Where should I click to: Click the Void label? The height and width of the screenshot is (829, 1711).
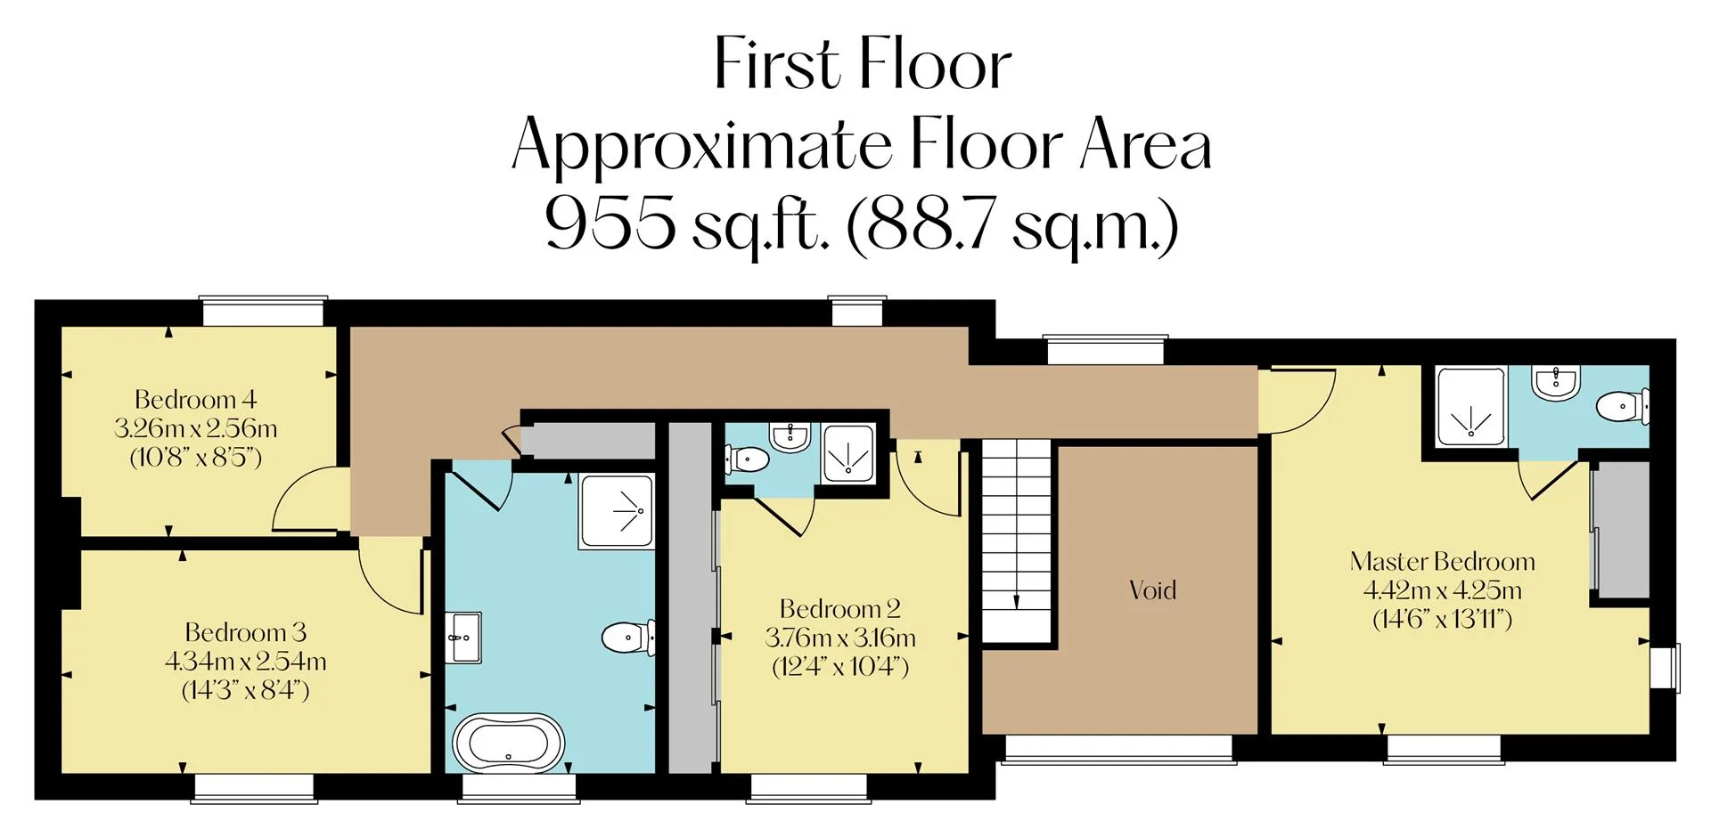pos(1152,589)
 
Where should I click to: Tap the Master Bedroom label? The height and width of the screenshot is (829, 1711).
pos(1442,561)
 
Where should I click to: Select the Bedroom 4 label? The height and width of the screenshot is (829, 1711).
pos(195,399)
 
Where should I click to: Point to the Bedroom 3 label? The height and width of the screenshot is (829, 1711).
pos(245,632)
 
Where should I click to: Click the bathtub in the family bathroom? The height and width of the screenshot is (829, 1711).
pos(508,742)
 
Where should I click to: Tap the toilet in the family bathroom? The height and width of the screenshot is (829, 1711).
pos(628,638)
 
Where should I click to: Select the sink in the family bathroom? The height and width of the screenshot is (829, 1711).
pos(463,638)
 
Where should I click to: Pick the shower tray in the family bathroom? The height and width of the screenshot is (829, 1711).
pos(616,511)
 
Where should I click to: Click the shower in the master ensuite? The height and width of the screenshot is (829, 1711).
pos(1471,405)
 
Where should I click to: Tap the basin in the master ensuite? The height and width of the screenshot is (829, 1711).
pos(1555,384)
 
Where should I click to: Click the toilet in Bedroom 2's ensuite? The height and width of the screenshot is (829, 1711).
pos(747,459)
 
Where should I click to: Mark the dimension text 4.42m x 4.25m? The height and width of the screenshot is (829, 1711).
pos(1442,589)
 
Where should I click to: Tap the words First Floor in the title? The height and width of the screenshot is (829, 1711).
pos(863,64)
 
